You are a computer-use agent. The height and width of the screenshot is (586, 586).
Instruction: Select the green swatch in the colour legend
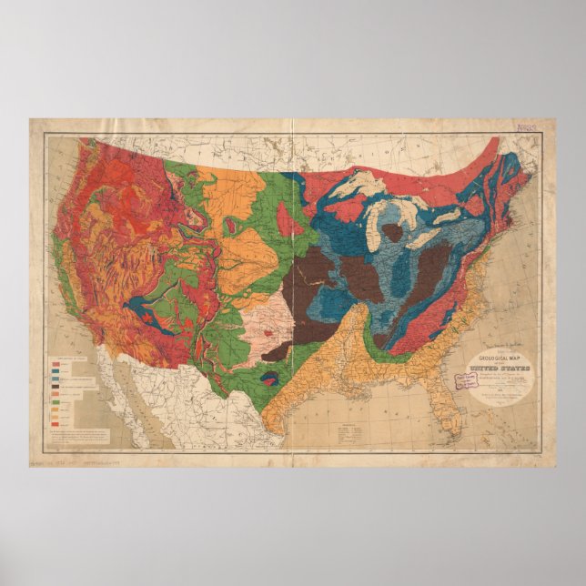pyautogui.click(x=56, y=400)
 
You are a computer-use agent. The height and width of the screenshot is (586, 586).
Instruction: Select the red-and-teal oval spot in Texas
pyautogui.click(x=269, y=376)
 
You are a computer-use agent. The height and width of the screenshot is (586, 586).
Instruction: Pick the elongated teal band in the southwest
pyautogui.click(x=146, y=314)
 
